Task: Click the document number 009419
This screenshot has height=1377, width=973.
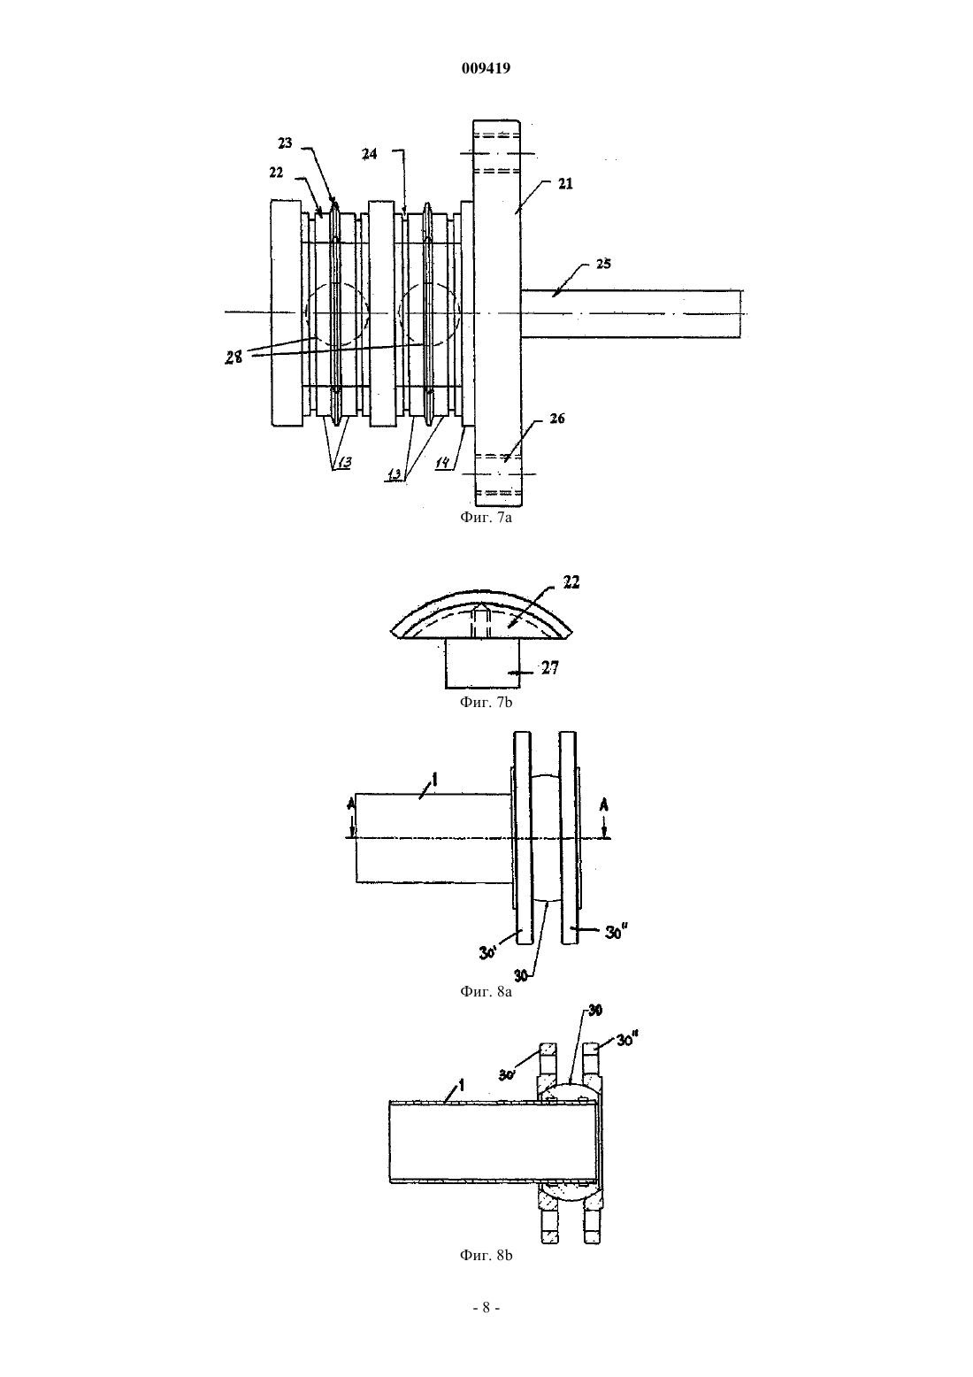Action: pos(486,68)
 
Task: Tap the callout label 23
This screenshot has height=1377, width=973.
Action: pos(285,143)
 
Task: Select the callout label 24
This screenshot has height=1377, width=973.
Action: pos(369,154)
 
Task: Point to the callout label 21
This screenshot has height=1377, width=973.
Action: pos(565,183)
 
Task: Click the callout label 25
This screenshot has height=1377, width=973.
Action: pos(603,264)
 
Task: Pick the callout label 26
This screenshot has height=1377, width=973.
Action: pos(556,419)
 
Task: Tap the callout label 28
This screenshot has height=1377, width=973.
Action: pos(234,358)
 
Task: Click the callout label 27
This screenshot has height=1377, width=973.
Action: pos(550,668)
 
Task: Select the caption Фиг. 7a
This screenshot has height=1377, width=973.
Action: pos(486,518)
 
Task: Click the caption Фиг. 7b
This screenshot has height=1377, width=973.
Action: pos(486,702)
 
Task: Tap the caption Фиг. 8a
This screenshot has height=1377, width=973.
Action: pos(486,991)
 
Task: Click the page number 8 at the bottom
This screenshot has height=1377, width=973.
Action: pos(486,1308)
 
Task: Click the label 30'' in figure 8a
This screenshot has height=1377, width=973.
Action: pos(617,933)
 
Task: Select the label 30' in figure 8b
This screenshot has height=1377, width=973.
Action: pos(507,1075)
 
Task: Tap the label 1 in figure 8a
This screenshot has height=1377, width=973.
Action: pos(434,779)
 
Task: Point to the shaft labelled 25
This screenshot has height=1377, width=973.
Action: pos(632,313)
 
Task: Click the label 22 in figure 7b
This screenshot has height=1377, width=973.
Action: pos(571,582)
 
